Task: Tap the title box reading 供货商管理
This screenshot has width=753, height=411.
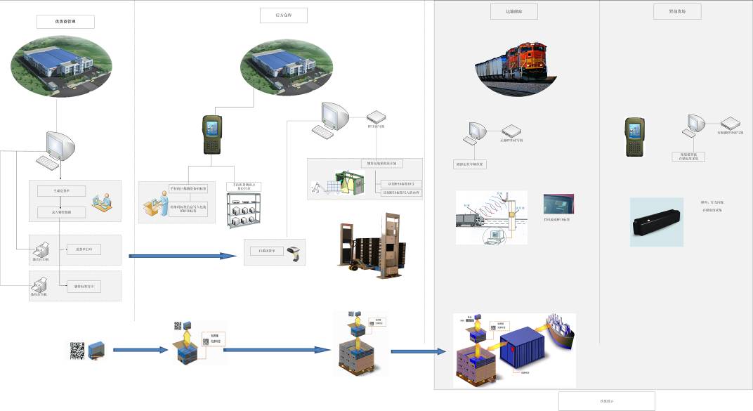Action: pyautogui.click(x=65, y=22)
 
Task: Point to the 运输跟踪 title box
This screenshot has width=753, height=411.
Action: pyautogui.click(x=509, y=11)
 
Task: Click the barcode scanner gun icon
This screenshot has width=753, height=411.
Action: pyautogui.click(x=299, y=252)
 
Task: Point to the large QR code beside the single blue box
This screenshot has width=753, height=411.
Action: pyautogui.click(x=77, y=350)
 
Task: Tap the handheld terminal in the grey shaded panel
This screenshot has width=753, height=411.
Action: pyautogui.click(x=635, y=136)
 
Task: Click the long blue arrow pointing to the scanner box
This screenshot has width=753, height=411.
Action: pyautogui.click(x=183, y=256)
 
